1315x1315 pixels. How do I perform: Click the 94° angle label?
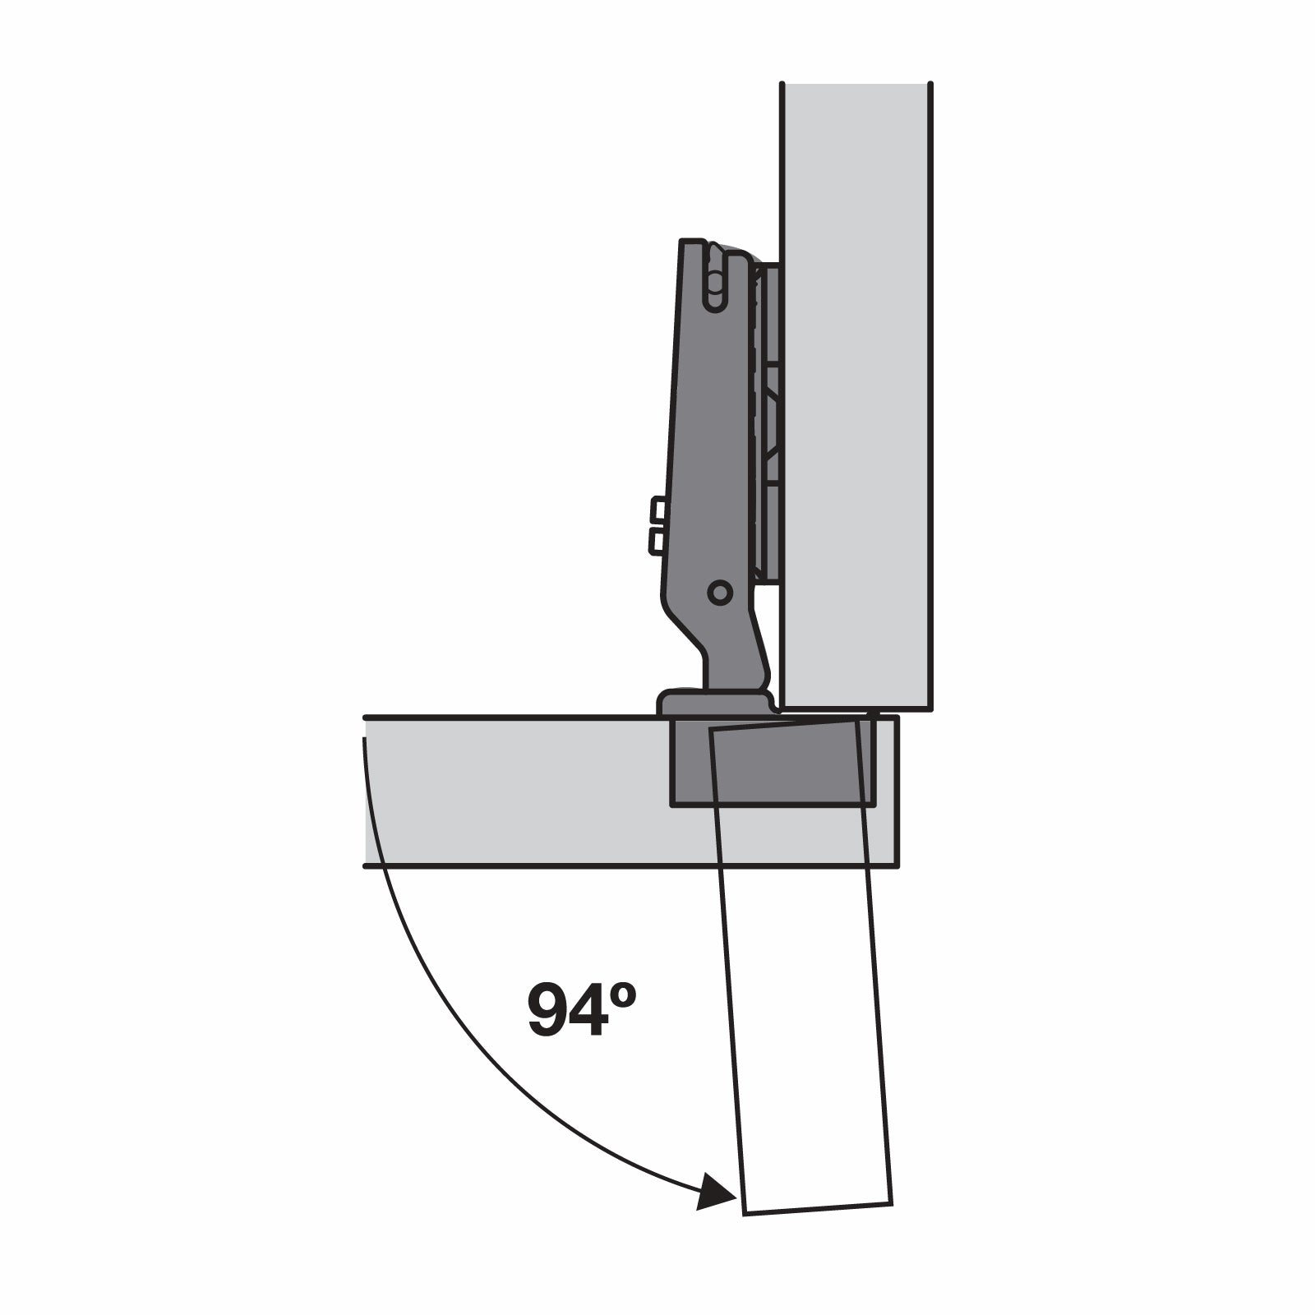[581, 1008]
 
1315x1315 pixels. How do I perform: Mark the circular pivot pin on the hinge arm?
[720, 592]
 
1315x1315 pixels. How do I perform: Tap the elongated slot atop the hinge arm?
[715, 279]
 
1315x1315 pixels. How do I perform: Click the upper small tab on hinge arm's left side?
[657, 510]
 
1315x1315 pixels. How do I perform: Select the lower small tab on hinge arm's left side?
[657, 541]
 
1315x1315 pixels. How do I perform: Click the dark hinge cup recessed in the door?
[773, 763]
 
